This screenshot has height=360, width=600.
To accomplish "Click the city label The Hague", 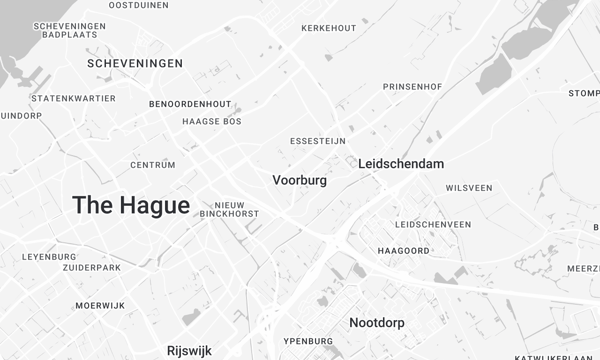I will pos(130,206).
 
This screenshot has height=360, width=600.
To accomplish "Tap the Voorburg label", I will pos(299,181).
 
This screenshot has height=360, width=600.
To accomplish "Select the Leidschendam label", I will pos(401,163).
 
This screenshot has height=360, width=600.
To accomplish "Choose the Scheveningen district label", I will pos(135,64).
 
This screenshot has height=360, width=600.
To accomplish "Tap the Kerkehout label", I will pos(328,28).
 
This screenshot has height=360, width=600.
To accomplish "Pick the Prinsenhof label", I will pos(412,87).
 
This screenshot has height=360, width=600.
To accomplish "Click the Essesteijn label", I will pos(316,142).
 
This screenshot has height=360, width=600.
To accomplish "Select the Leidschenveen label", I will pos(433,225).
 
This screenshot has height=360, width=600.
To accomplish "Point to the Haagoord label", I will pos(404,251).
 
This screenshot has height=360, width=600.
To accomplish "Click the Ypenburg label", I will pos(307,340).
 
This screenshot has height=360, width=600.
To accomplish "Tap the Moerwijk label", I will pos(98,305).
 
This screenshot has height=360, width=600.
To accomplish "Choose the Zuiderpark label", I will pos(91,269).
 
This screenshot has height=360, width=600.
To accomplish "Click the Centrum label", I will pos(153,165).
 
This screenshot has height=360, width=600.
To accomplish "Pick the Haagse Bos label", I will pos(212,122).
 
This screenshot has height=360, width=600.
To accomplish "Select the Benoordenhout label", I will pos(190,104).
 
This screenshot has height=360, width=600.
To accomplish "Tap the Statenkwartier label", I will pos(73,98).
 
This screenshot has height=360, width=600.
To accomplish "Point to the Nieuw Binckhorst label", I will pos(229,209).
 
